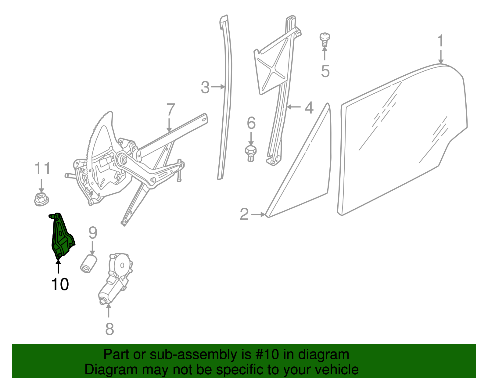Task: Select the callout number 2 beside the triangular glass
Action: [244, 214]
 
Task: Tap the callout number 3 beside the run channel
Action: [205, 87]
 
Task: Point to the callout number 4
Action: [309, 108]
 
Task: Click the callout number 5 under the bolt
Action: [325, 71]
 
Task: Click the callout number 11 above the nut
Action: [42, 168]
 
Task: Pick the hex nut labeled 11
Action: [41, 199]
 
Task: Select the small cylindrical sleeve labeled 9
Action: [88, 264]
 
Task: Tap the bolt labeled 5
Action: [325, 39]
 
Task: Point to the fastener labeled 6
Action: [251, 153]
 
